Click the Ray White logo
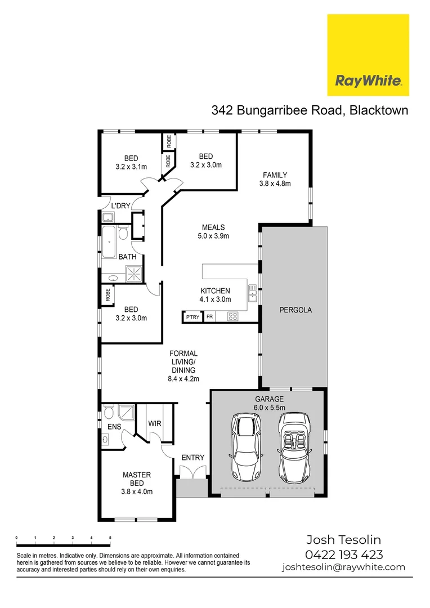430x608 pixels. pyautogui.click(x=368, y=55)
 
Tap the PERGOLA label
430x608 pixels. pyautogui.click(x=295, y=310)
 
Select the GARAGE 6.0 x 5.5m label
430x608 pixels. pyautogui.click(x=268, y=403)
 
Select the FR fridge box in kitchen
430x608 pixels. pyautogui.click(x=209, y=318)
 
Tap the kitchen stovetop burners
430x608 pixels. pyautogui.click(x=232, y=316)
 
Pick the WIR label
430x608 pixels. pyautogui.click(x=155, y=423)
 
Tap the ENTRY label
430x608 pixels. pyautogui.click(x=192, y=458)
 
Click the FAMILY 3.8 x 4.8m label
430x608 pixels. pyautogui.click(x=274, y=179)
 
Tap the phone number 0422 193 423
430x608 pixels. pyautogui.click(x=344, y=554)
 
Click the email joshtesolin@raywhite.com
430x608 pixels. pyautogui.click(x=343, y=567)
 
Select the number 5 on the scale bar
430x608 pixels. pyautogui.click(x=110, y=538)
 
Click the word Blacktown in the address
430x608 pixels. pyautogui.click(x=379, y=110)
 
